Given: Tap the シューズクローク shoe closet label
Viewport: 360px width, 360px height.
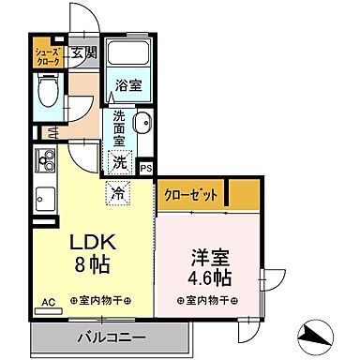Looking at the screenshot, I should (x=48, y=55).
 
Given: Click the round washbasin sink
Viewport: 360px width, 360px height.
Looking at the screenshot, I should (x=144, y=127).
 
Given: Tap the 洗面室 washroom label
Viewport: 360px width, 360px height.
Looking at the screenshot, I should (x=120, y=128).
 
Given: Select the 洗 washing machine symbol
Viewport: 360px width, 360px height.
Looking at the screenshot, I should (x=120, y=161).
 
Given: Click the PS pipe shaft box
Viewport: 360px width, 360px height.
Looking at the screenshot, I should (x=146, y=168).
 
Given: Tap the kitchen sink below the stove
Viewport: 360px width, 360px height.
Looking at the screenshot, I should (x=44, y=199).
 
